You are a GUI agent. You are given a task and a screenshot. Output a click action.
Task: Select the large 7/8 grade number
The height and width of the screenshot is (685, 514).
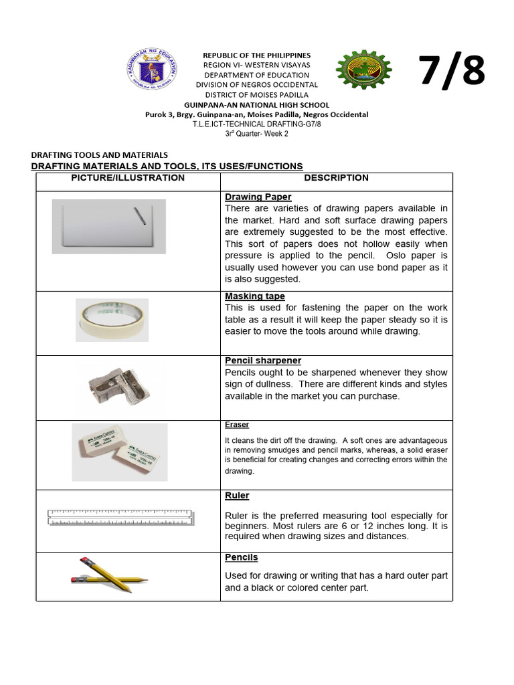[452, 71]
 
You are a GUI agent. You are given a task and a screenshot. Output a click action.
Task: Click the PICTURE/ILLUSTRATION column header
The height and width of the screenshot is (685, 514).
[128, 178]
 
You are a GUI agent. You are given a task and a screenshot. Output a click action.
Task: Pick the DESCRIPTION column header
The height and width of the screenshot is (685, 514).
[336, 178]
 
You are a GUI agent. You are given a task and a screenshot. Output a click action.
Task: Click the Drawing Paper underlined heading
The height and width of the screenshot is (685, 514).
[258, 197]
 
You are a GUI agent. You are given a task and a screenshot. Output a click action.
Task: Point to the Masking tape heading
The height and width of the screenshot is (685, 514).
[254, 296]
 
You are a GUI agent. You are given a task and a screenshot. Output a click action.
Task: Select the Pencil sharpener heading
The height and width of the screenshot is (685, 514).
[263, 361]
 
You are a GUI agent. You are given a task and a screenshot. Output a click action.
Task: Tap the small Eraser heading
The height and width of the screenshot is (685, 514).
[237, 425]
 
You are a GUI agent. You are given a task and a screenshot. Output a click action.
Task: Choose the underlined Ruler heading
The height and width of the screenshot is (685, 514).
[237, 496]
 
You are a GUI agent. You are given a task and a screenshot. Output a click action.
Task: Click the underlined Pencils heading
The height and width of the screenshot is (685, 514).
[241, 557]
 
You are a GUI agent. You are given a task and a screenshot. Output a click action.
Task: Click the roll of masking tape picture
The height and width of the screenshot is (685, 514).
[111, 320]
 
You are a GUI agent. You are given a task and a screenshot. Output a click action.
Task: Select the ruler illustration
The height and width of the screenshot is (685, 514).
[121, 516]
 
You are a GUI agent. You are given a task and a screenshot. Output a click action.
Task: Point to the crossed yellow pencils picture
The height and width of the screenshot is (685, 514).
[109, 575]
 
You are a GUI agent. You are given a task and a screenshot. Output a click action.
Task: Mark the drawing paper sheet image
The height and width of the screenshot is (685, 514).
[109, 226]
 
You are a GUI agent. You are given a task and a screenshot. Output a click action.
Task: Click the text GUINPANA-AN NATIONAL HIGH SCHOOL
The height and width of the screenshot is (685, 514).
[257, 105]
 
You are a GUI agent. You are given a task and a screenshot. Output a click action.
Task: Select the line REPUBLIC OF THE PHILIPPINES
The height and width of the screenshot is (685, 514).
[257, 55]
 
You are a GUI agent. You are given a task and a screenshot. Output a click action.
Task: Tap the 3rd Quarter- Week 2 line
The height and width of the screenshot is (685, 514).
[257, 134]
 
